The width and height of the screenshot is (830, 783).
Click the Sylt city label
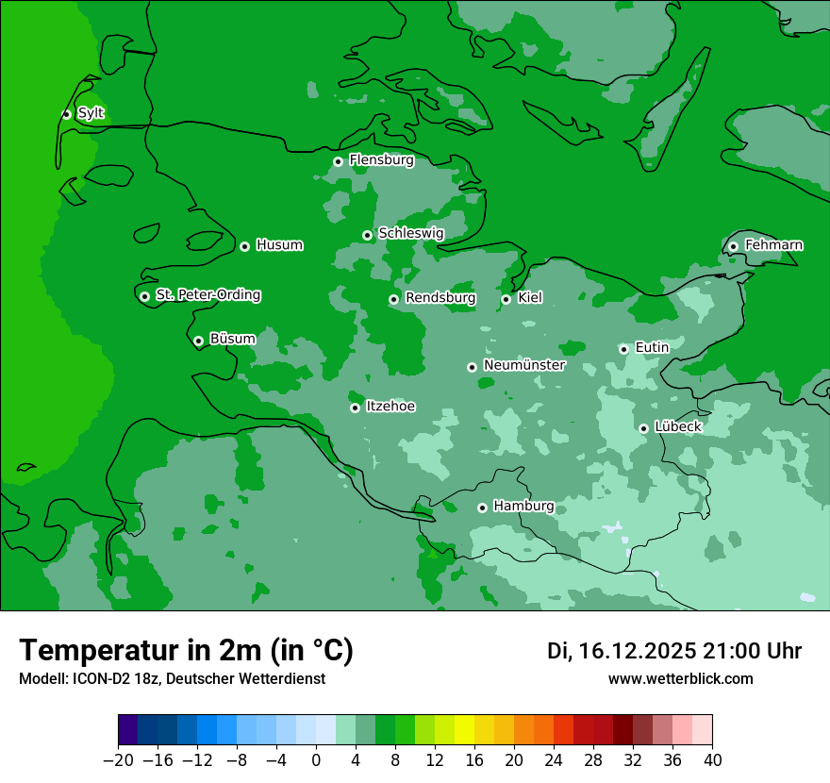pyautogui.click(x=91, y=113)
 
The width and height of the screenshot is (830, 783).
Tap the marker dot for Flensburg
pyautogui.click(x=338, y=161)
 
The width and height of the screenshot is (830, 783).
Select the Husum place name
pyautogui.click(x=279, y=245)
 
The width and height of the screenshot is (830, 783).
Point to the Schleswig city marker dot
pyautogui.click(x=367, y=235)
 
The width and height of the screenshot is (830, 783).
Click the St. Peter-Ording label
pyautogui.click(x=207, y=295)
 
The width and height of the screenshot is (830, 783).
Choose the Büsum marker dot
pyautogui.click(x=198, y=341)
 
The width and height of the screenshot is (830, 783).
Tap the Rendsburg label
pyautogui.click(x=440, y=298)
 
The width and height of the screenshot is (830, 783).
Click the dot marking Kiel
pyautogui.click(x=506, y=299)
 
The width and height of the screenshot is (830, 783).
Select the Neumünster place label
pyautogui.click(x=523, y=365)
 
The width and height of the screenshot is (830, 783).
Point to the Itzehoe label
pyautogui.click(x=390, y=407)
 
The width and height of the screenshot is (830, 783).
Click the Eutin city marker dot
pyautogui.click(x=623, y=349)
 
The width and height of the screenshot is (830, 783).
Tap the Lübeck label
pyautogui.click(x=677, y=426)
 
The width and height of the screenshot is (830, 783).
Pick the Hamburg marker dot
pyautogui.click(x=482, y=508)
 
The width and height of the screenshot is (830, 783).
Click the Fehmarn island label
pyautogui.click(x=773, y=245)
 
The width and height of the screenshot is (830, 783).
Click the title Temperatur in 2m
pyautogui.click(x=186, y=650)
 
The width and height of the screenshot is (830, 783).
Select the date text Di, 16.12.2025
pyautogui.click(x=622, y=651)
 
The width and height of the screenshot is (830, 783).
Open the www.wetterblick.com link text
pyautogui.click(x=680, y=678)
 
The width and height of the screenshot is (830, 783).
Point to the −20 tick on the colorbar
pyautogui.click(x=119, y=760)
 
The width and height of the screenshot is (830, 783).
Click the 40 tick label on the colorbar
pyautogui.click(x=712, y=760)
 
